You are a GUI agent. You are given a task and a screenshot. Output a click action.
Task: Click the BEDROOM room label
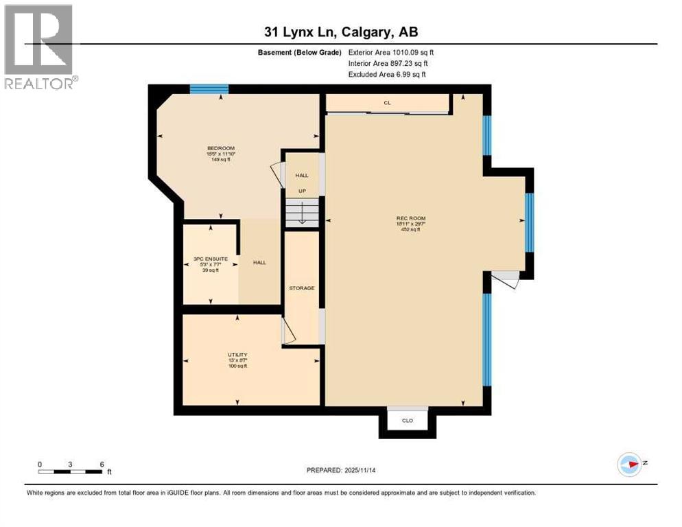click(221, 148)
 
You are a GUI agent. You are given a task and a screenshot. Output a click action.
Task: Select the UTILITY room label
click(237, 355)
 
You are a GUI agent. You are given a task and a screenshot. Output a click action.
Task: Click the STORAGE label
click(301, 288)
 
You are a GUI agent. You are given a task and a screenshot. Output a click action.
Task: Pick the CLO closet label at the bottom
click(408, 420)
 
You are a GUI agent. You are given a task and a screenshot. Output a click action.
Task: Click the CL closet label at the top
click(387, 103)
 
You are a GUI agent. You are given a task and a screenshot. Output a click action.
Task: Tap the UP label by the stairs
click(301, 191)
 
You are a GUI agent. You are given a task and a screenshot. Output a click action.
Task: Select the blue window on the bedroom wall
click(209, 89)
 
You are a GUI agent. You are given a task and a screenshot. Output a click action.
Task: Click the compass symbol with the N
click(629, 464)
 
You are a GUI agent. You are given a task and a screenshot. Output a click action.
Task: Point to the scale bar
click(71, 471)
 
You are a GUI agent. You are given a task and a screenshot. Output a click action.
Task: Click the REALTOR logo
click(39, 47)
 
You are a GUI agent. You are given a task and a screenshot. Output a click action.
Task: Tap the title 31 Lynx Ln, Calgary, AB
click(341, 32)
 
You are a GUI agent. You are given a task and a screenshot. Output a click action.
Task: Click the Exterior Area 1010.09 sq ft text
click(391, 52)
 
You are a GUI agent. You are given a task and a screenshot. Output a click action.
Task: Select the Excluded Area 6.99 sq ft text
click(387, 74)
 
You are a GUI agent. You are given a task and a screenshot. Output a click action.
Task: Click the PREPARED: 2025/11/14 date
click(342, 470)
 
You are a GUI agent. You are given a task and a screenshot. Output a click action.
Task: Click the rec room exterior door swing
click(506, 279)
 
